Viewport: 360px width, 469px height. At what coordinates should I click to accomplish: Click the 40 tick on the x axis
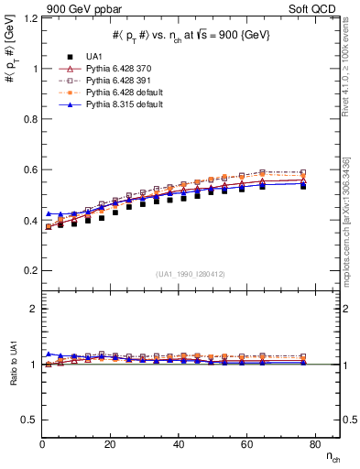click(179, 443)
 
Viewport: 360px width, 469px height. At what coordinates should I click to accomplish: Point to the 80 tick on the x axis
click(314, 443)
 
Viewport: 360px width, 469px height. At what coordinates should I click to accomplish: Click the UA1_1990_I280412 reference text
click(191, 274)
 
